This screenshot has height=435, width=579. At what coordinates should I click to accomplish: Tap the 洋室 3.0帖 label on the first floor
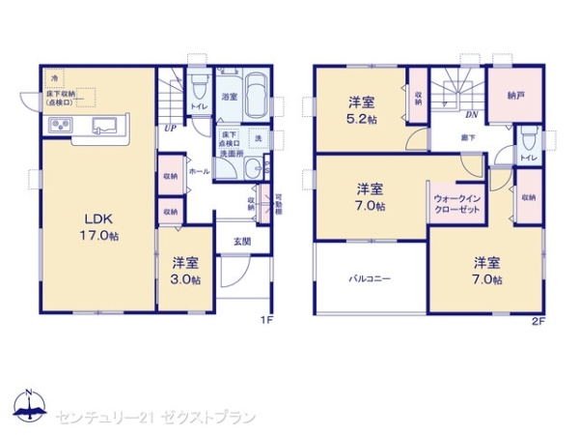[186, 271]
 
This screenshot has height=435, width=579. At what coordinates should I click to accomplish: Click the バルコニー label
[370, 278]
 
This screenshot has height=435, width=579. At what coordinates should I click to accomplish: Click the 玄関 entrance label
[241, 242]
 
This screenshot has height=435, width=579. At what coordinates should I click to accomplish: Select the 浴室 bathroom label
[229, 98]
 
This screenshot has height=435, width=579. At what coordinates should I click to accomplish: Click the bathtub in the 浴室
[256, 97]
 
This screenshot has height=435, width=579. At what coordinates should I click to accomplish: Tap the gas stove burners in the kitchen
[59, 125]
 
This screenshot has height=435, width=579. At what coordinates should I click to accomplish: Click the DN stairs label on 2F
[473, 115]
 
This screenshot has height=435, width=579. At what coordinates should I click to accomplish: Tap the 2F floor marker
[538, 320]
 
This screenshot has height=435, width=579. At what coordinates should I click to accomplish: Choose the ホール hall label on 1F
[200, 170]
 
